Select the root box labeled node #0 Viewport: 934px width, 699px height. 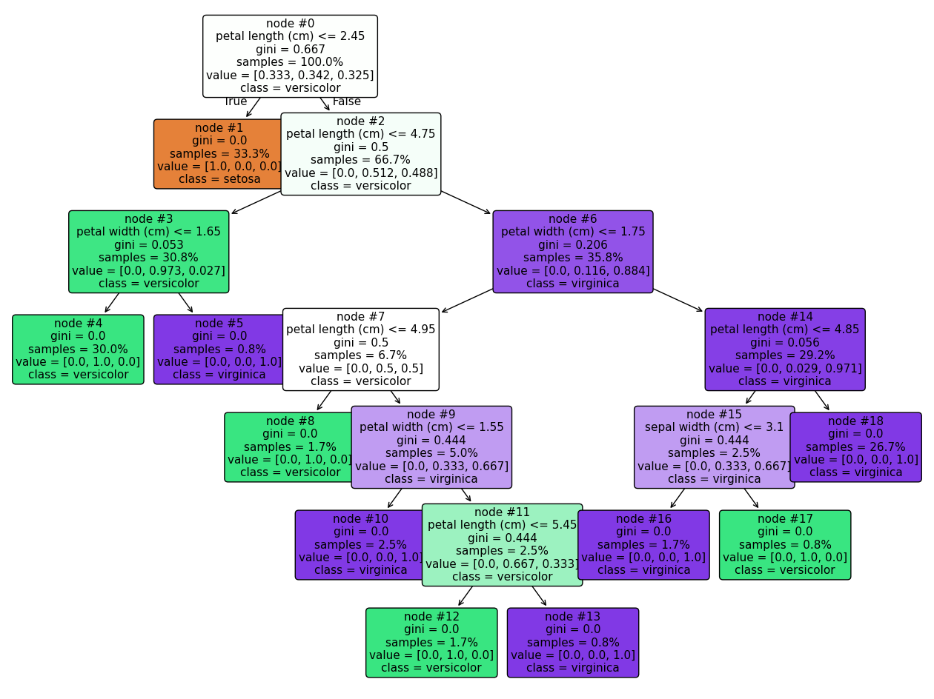click(x=290, y=56)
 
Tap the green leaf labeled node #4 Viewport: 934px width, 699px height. click(x=78, y=349)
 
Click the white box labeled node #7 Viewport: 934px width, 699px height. click(x=361, y=349)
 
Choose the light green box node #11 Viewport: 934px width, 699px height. click(x=502, y=545)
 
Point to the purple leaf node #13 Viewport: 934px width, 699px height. click(x=573, y=643)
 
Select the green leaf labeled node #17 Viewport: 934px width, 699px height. click(x=785, y=545)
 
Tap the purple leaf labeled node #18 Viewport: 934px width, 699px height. click(x=856, y=447)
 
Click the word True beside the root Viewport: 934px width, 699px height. click(x=236, y=101)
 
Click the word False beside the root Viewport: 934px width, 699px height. click(x=346, y=101)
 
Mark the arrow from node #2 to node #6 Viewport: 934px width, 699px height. click(x=466, y=203)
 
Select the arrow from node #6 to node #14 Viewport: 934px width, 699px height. click(x=678, y=300)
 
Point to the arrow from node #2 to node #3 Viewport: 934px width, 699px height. click(x=256, y=203)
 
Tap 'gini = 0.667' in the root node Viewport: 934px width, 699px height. click(x=290, y=49)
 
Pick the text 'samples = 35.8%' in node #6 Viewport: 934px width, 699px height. click(x=573, y=258)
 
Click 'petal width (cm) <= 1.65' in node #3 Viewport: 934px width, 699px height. click(x=149, y=231)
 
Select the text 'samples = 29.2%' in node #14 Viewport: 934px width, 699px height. click(x=785, y=355)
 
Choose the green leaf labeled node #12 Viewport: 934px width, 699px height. click(x=431, y=643)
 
